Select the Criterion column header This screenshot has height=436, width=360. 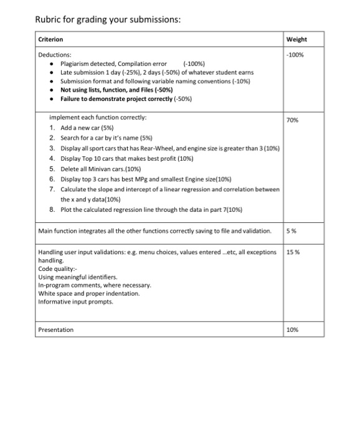[51, 40]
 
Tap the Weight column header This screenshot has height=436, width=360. [296, 40]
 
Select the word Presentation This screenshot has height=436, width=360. [56, 329]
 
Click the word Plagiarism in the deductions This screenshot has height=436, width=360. [78, 64]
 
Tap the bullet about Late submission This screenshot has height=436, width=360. [143, 72]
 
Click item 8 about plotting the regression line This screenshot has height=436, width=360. [158, 209]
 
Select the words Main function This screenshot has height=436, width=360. [57, 231]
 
